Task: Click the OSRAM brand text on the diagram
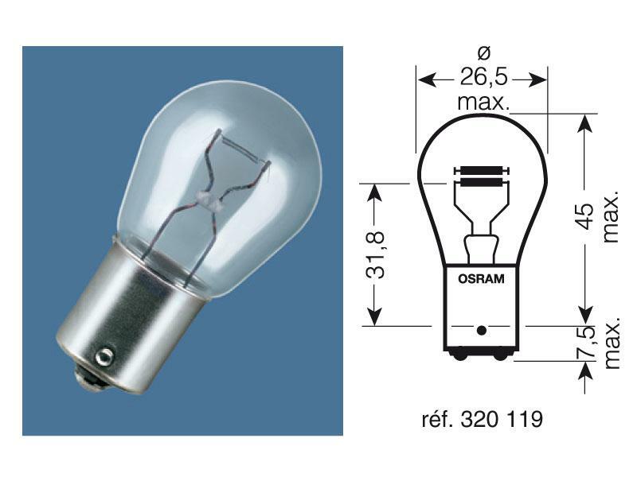click(x=480, y=278)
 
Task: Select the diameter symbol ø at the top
click(x=483, y=53)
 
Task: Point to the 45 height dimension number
click(x=585, y=216)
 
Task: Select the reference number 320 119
click(x=503, y=419)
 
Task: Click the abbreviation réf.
click(x=439, y=419)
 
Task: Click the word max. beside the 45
click(x=611, y=216)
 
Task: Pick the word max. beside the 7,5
click(x=611, y=343)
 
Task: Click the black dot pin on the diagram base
click(x=480, y=328)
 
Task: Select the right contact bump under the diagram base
click(x=501, y=356)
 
